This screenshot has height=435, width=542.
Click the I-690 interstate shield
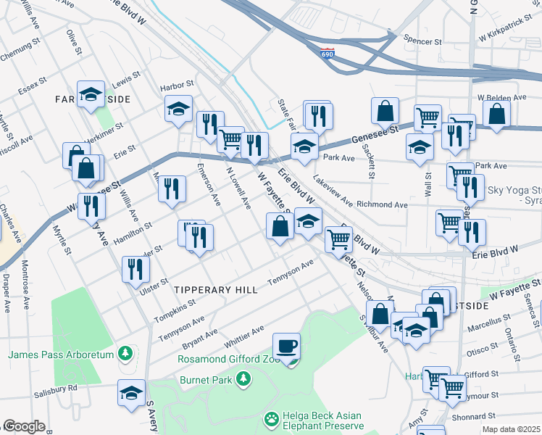328,54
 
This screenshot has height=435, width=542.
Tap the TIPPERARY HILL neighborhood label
216,289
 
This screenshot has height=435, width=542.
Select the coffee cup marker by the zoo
286,346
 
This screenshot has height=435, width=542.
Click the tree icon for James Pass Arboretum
127,354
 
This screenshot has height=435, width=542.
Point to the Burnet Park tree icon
244,378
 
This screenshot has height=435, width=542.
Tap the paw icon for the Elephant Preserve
272,418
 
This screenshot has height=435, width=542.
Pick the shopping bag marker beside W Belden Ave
496,113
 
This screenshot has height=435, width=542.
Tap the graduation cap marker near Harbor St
178,109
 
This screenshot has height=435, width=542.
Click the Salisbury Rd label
56,389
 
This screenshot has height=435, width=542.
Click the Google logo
24,426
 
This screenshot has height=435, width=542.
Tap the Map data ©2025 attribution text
511,429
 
